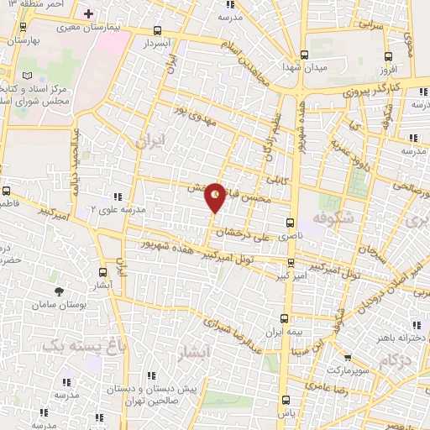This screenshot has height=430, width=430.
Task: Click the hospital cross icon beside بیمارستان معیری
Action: [89, 14]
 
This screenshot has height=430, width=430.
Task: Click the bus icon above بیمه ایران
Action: [284, 318]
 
